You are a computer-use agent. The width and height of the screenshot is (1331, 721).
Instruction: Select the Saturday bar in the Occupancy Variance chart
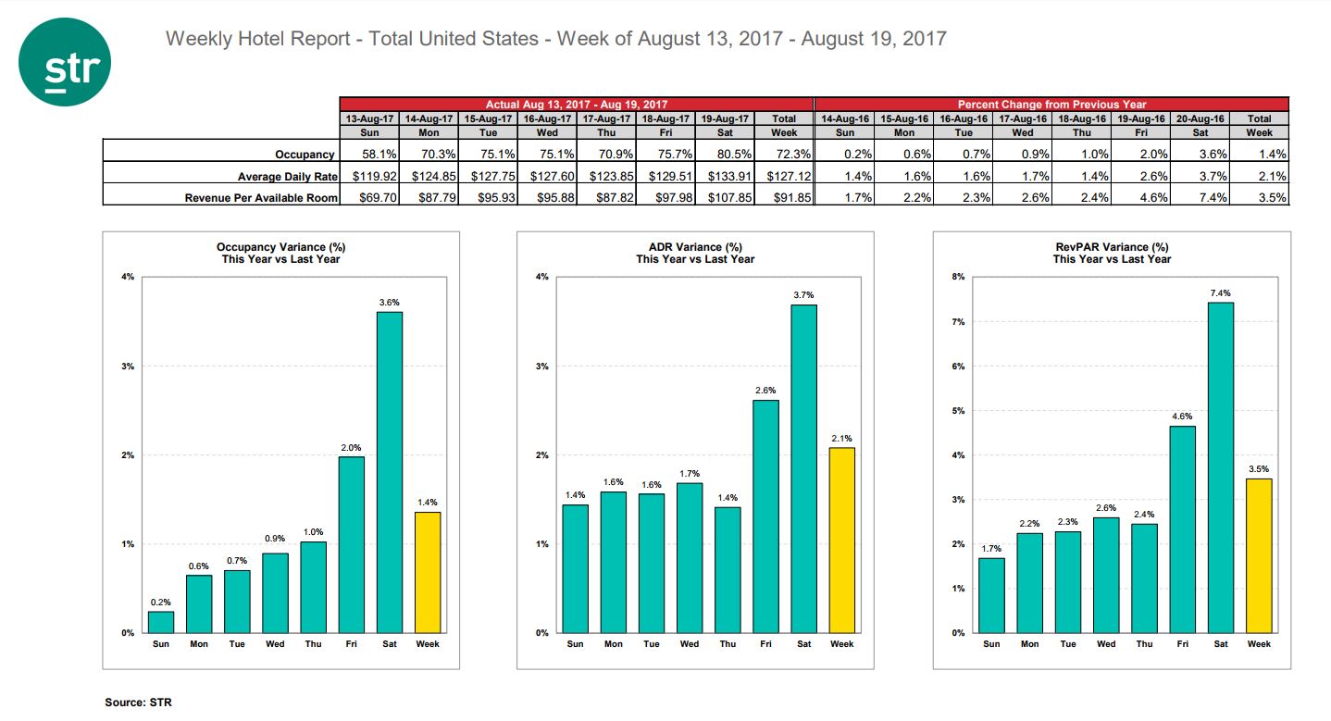coord(389,472)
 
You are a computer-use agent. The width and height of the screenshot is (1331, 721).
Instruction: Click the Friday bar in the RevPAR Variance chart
coord(1183,528)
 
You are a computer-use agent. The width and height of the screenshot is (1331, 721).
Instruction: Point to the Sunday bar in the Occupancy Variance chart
coord(161,622)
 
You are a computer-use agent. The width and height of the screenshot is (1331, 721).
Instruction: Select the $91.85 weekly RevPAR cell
coord(785,196)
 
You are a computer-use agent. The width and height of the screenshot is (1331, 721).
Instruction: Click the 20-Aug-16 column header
coord(1199,118)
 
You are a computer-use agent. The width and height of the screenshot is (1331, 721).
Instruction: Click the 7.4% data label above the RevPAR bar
coord(1221,293)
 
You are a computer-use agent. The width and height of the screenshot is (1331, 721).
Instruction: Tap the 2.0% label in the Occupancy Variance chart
coord(351,448)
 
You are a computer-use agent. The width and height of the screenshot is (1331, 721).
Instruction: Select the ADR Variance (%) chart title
coord(695,247)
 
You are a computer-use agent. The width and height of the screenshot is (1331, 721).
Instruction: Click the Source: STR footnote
coord(138,702)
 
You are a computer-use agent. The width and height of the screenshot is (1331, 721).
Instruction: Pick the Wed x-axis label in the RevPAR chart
coord(1106,644)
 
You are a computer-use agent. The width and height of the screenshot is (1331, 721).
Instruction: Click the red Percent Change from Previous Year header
coord(1051,105)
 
